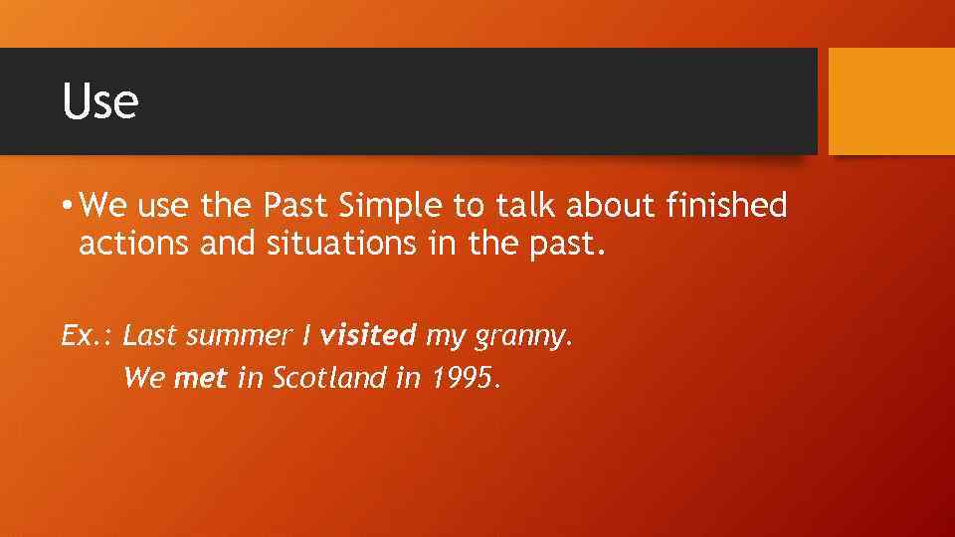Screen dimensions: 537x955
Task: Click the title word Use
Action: tap(99, 101)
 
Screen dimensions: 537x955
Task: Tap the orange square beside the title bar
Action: tap(891, 101)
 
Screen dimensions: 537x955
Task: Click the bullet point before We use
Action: tap(66, 207)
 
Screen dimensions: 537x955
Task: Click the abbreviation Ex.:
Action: tap(88, 336)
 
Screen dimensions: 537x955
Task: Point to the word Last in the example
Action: tap(149, 336)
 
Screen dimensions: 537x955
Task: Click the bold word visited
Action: tap(369, 336)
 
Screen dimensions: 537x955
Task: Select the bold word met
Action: tap(201, 379)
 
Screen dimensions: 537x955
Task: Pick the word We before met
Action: tap(144, 379)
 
